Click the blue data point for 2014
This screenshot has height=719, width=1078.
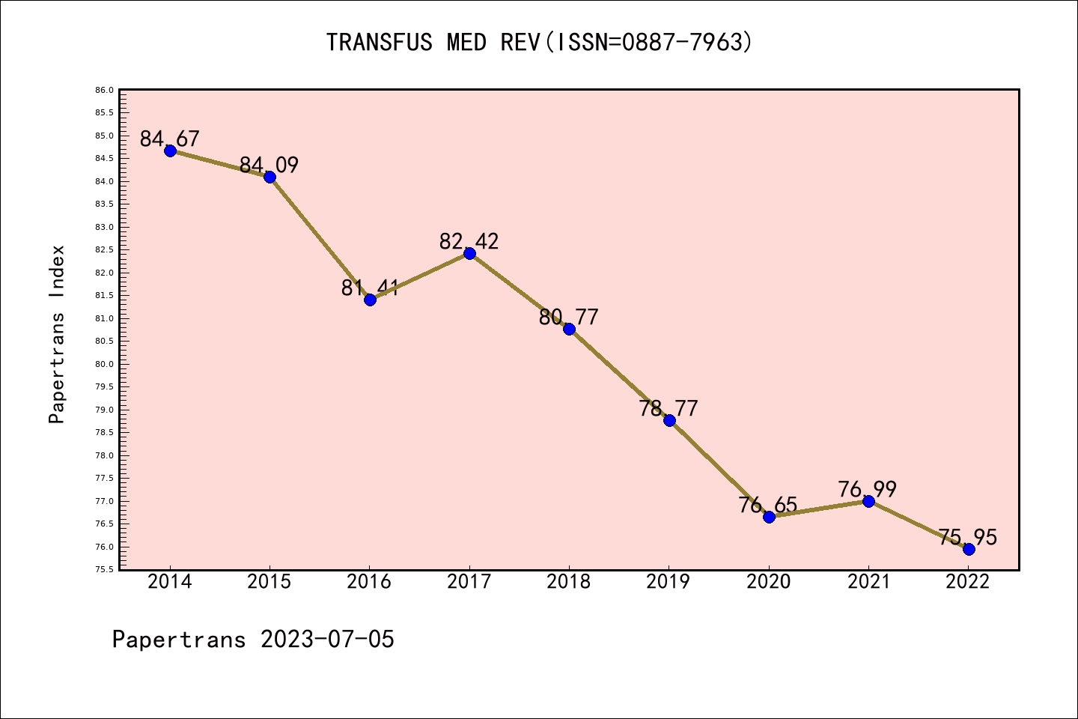click(170, 151)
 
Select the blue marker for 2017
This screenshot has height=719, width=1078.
click(469, 253)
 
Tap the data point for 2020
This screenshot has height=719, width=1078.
click(769, 517)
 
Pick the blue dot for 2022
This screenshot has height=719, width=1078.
click(969, 549)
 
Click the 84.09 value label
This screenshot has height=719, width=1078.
click(269, 165)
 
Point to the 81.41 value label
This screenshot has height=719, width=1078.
click(370, 288)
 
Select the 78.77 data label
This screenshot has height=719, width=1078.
click(669, 408)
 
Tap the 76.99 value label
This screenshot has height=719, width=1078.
click(868, 489)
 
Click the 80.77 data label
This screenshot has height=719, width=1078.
click(569, 317)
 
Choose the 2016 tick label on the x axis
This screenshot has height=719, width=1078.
click(369, 582)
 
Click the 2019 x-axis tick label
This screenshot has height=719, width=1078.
click(669, 582)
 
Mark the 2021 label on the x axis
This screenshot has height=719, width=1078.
click(868, 582)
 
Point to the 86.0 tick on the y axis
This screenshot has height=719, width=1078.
click(104, 90)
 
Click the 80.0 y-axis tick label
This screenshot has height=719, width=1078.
click(104, 364)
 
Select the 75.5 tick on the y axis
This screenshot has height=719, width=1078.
click(104, 569)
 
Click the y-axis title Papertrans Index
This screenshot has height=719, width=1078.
click(57, 334)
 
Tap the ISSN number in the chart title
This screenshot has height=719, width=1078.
click(682, 42)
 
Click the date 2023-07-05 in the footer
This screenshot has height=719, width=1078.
click(327, 640)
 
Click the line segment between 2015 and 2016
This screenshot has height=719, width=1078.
click(320, 238)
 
